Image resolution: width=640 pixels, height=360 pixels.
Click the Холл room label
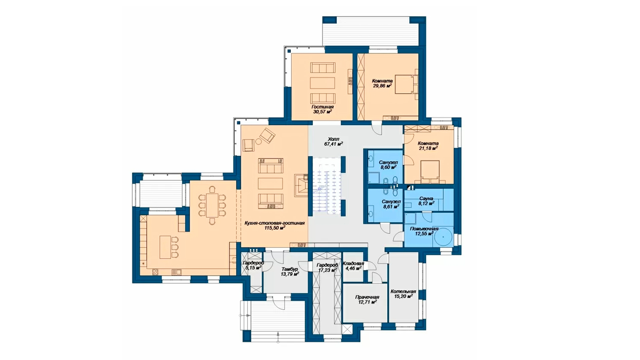point(333,139)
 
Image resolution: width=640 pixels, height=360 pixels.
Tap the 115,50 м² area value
point(275,228)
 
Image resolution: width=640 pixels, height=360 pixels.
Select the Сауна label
point(426,199)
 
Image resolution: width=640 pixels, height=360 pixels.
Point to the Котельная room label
point(403,291)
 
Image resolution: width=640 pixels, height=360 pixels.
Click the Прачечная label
point(367,297)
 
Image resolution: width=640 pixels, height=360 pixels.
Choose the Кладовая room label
point(353,263)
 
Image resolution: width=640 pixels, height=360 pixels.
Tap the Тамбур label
point(290,269)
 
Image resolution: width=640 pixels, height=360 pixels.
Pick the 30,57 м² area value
point(322,112)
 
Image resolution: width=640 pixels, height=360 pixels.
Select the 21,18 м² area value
point(428,148)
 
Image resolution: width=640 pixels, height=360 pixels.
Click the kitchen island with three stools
point(169,247)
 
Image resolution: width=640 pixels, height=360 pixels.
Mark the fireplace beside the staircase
point(301,185)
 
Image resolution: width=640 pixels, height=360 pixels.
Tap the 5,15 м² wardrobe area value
point(253,268)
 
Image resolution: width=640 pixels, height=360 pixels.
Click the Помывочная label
point(424,229)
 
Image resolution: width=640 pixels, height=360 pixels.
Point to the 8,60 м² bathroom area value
point(388,167)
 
